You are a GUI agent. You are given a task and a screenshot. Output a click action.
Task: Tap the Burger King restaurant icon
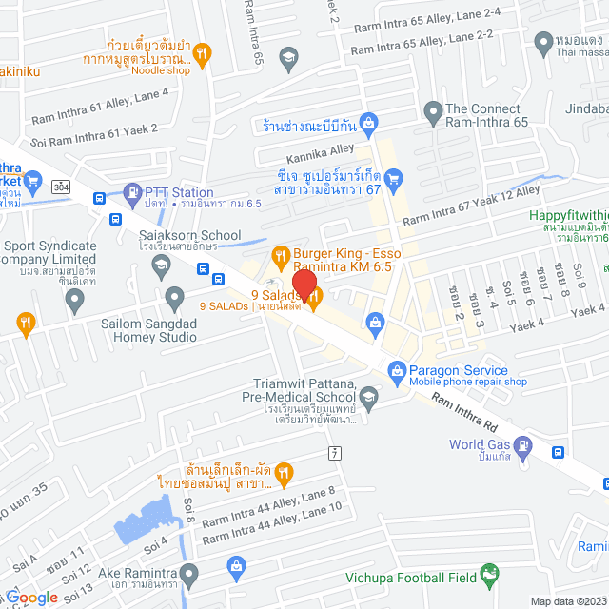click(x=280, y=254)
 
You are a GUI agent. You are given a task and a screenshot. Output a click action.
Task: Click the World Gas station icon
click(x=521, y=444)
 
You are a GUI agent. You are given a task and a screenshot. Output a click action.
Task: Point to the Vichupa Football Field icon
click(x=489, y=574)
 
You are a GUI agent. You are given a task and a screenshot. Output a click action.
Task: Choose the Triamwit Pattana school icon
click(x=368, y=397)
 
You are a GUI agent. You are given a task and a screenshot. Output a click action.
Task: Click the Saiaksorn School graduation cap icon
click(x=160, y=263)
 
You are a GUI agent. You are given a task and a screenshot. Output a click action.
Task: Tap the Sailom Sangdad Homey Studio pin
click(x=174, y=300)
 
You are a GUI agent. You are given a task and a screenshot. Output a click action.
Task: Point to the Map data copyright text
click(x=567, y=600)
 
